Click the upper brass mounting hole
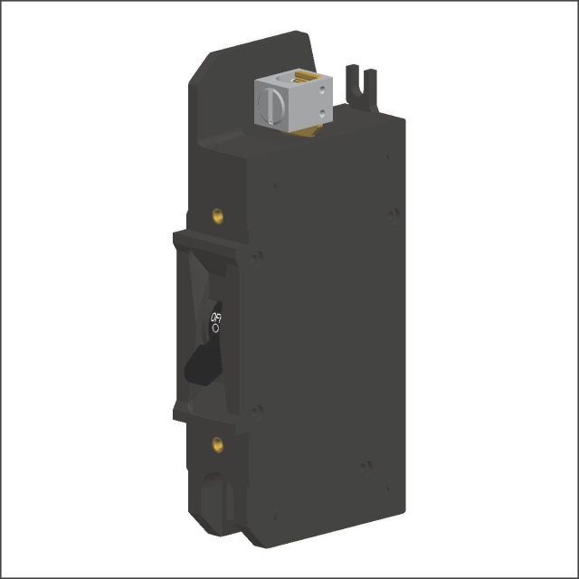pos(217,215)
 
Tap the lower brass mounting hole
pos(217,443)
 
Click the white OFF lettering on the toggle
pos(216,318)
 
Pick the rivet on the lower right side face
pos(366,466)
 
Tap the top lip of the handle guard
pos(208,244)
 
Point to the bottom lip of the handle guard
pos(208,412)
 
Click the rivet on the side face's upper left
pos(273,185)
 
